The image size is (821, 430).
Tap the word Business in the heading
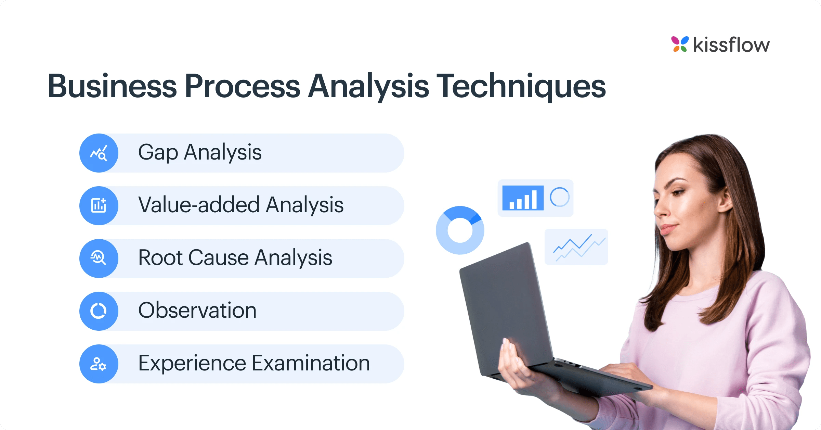(112, 86)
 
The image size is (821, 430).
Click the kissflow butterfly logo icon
(680, 44)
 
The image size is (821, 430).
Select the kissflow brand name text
(731, 45)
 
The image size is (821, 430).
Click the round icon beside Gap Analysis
(99, 153)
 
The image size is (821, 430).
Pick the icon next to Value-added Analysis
(99, 206)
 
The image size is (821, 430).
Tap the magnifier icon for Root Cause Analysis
(99, 258)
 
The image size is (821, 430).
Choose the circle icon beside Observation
(99, 311)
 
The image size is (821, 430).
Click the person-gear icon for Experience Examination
(99, 364)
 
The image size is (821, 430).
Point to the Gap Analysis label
(200, 152)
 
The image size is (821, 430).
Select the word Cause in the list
(218, 258)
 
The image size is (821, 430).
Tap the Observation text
(197, 311)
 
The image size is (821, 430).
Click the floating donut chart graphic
(460, 230)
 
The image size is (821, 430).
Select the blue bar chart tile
(523, 198)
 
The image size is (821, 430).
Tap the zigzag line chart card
(576, 246)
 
